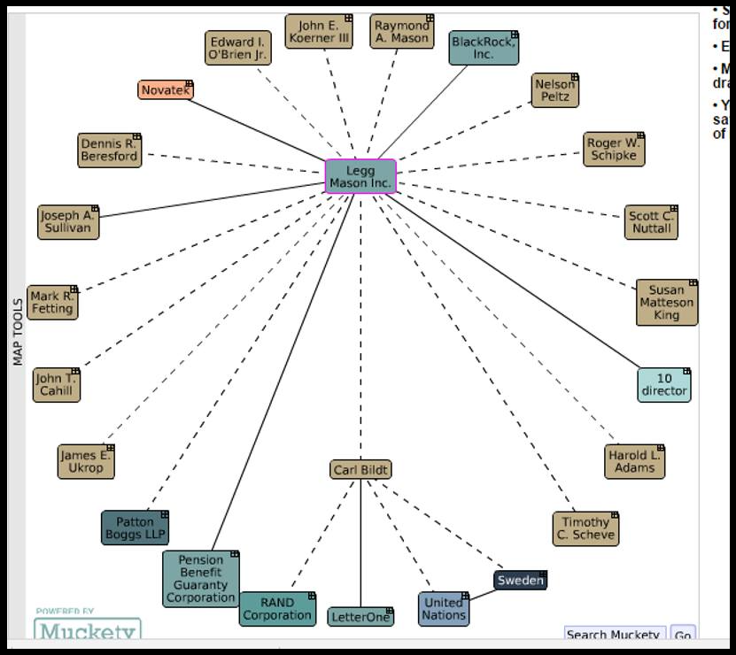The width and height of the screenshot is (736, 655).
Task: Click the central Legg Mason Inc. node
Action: click(360, 176)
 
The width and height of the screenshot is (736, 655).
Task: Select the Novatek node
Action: click(165, 90)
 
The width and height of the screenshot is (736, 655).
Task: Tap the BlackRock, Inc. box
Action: click(483, 48)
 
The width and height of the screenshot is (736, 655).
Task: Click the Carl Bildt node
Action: click(360, 469)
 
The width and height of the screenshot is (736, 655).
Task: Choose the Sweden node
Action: click(520, 581)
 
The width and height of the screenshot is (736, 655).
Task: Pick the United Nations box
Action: click(443, 608)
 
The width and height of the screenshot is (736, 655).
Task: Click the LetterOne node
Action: click(360, 616)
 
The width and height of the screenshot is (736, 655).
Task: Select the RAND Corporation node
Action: click(277, 609)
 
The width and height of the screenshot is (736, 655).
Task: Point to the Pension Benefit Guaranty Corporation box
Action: click(201, 579)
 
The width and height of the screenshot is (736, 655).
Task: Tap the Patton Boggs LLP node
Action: click(135, 528)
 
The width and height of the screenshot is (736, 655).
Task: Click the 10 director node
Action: click(664, 384)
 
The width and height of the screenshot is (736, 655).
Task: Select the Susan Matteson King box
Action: click(666, 303)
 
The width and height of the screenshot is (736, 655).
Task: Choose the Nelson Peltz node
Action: click(555, 90)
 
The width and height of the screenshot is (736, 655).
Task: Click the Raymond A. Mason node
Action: click(401, 32)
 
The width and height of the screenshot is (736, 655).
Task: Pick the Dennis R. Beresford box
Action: click(109, 150)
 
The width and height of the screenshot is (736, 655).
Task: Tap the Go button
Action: click(682, 635)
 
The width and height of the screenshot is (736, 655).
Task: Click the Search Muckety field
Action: click(615, 635)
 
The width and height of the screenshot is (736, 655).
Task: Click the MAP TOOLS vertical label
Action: click(17, 332)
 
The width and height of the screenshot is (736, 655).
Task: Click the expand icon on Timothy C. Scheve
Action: click(614, 515)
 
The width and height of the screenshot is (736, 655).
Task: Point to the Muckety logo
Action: click(88, 629)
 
